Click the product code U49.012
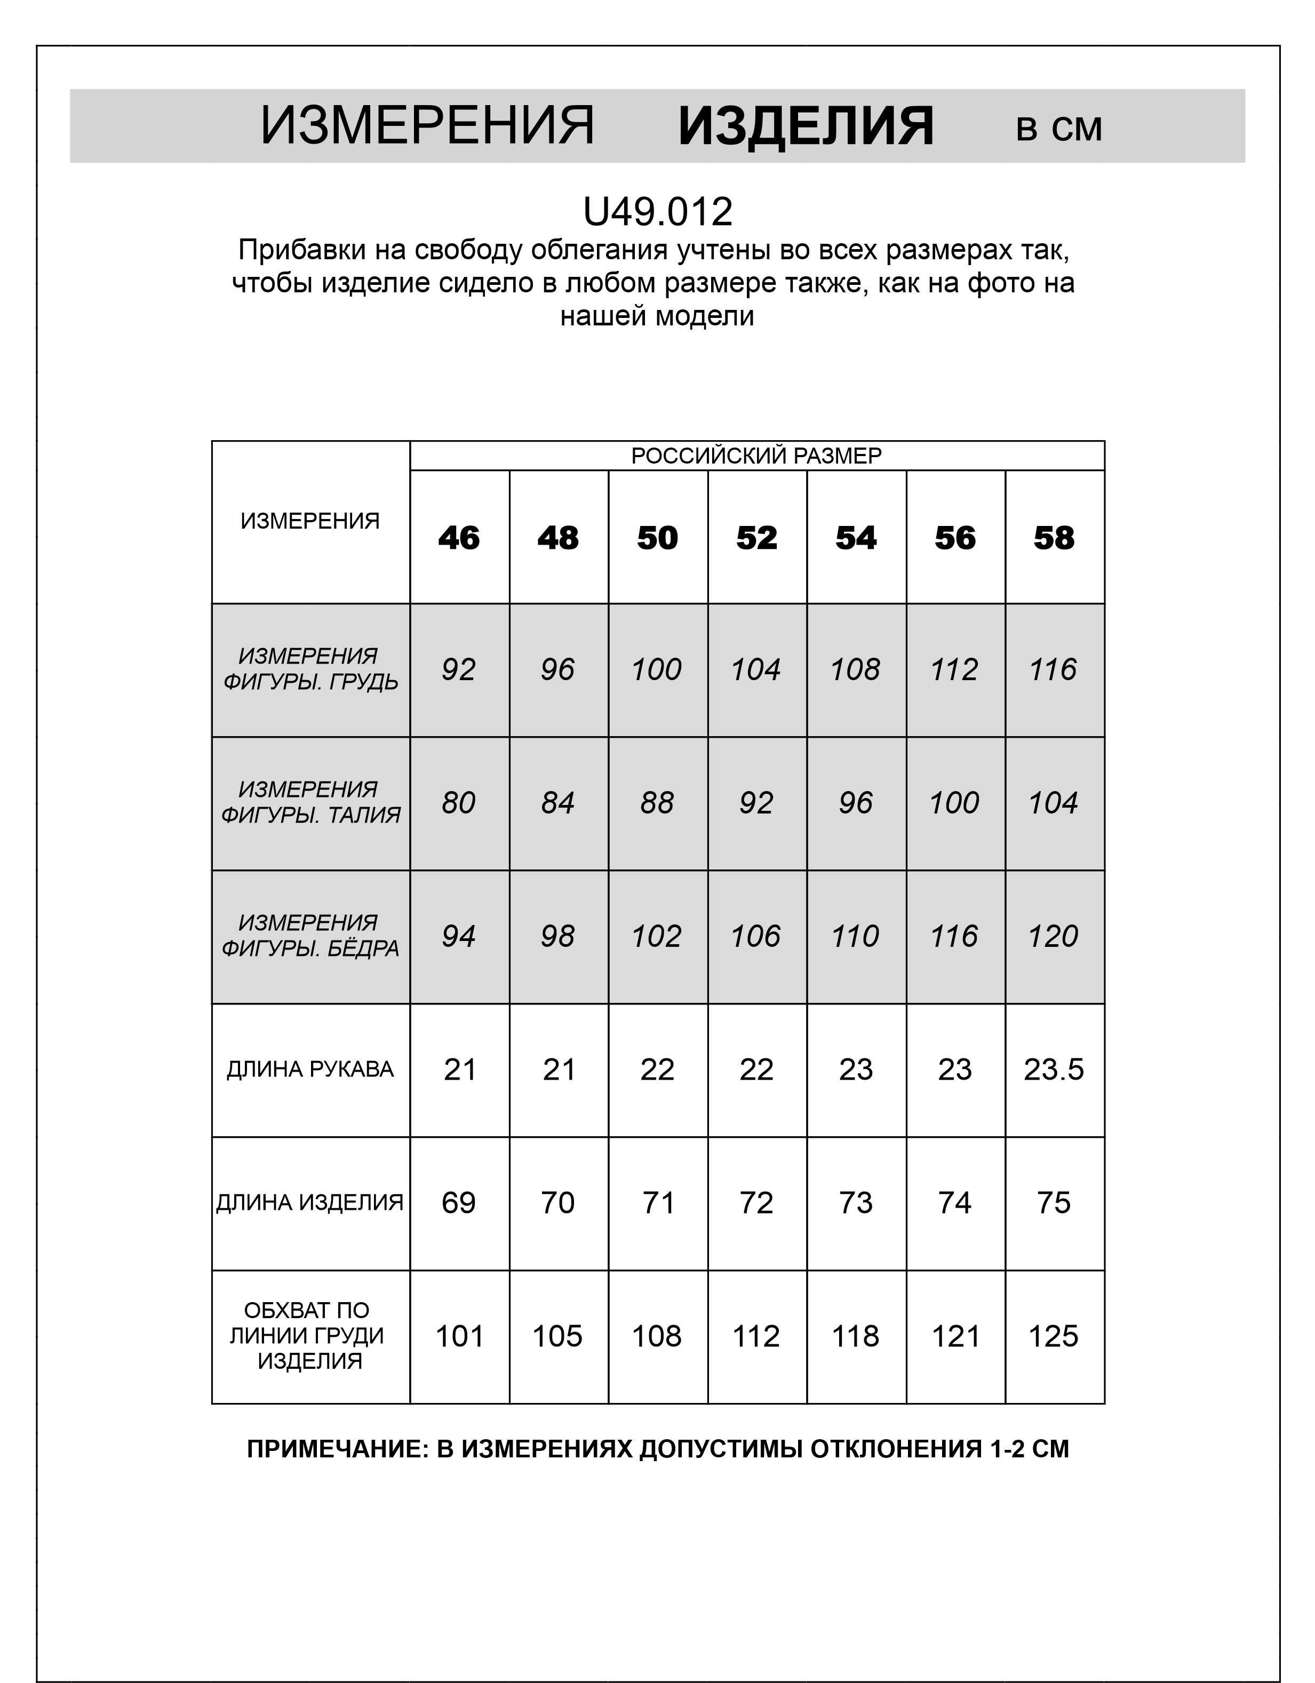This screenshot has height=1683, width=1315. [x=657, y=212]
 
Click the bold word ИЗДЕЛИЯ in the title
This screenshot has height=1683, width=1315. [x=806, y=126]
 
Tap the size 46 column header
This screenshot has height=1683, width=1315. [x=459, y=538]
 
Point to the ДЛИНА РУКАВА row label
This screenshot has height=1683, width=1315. [x=310, y=1069]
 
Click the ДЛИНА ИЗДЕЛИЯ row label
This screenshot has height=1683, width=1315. [x=310, y=1202]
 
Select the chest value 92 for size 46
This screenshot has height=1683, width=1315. [x=459, y=669]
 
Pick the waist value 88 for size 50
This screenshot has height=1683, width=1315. [x=657, y=803]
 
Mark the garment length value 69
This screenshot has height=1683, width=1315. [x=459, y=1202]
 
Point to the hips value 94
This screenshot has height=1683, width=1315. [x=459, y=936]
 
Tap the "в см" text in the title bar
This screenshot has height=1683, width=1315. [x=1058, y=129]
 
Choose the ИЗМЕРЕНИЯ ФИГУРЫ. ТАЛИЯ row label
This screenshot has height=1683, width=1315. [x=310, y=802]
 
